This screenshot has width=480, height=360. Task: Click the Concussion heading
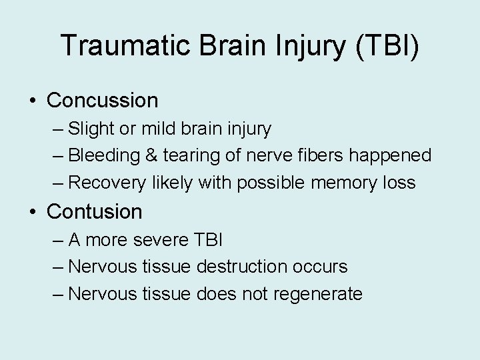[103, 101]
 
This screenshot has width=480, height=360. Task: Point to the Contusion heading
[95, 211]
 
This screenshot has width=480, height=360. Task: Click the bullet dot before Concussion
[33, 101]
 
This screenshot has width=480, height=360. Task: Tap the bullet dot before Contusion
[33, 211]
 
